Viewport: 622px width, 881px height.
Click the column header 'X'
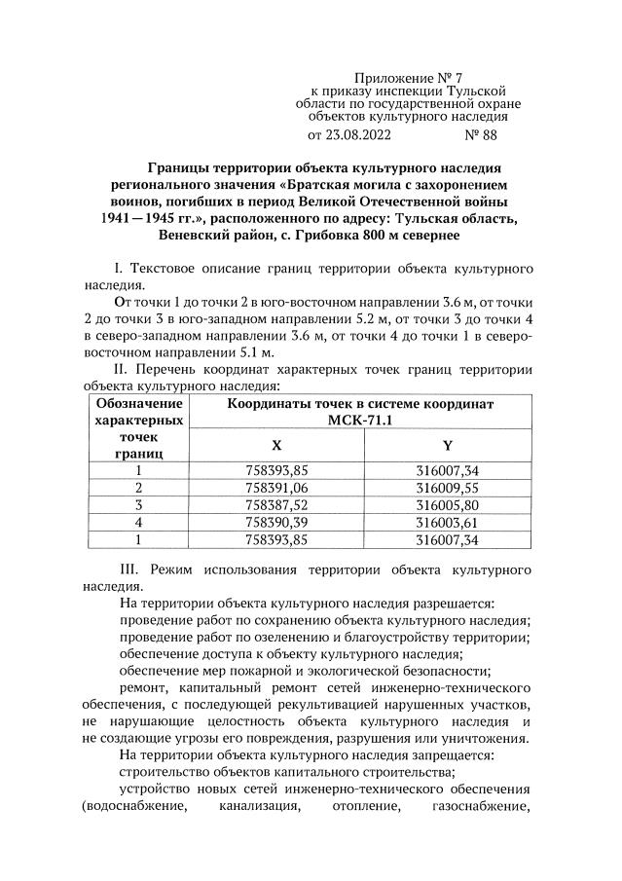tap(276, 445)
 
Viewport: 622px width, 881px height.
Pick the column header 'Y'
tap(447, 445)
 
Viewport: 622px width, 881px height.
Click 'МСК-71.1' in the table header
tap(360, 420)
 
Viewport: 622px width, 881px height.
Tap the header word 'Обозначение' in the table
tap(138, 403)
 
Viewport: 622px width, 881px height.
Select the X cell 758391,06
tap(276, 488)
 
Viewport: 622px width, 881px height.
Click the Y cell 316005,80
tap(447, 505)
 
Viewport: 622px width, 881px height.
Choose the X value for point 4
tap(276, 523)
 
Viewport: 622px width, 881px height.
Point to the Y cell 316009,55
tap(447, 488)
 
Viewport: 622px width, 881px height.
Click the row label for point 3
tap(138, 505)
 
